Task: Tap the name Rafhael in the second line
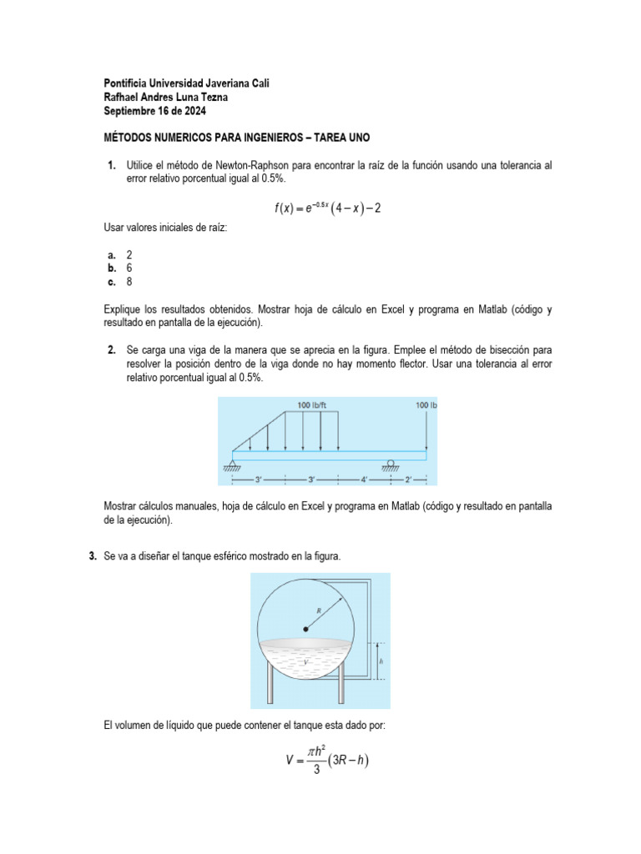124,97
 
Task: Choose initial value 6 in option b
129,269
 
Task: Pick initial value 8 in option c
129,282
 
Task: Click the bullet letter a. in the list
111,255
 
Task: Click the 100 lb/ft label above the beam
312,405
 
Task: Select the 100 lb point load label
426,405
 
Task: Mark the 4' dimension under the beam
364,480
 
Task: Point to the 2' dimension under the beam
408,480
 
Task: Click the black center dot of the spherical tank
305,630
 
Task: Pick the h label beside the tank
381,661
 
